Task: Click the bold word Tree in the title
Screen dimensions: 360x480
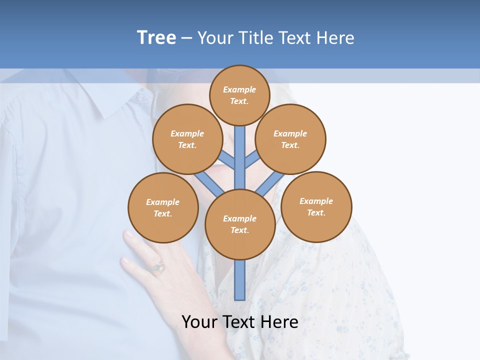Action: tap(156, 38)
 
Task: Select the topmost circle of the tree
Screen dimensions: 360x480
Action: tap(239, 95)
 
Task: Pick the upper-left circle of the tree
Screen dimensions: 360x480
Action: tap(187, 139)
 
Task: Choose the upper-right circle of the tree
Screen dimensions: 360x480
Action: tap(290, 139)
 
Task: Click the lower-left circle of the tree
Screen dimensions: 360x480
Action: tap(163, 207)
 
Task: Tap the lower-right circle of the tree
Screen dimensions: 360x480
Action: tap(316, 206)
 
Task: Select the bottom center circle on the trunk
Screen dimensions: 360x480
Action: tap(239, 224)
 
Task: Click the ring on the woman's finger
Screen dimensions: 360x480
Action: tap(158, 267)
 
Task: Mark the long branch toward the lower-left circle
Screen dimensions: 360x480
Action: tap(209, 183)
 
